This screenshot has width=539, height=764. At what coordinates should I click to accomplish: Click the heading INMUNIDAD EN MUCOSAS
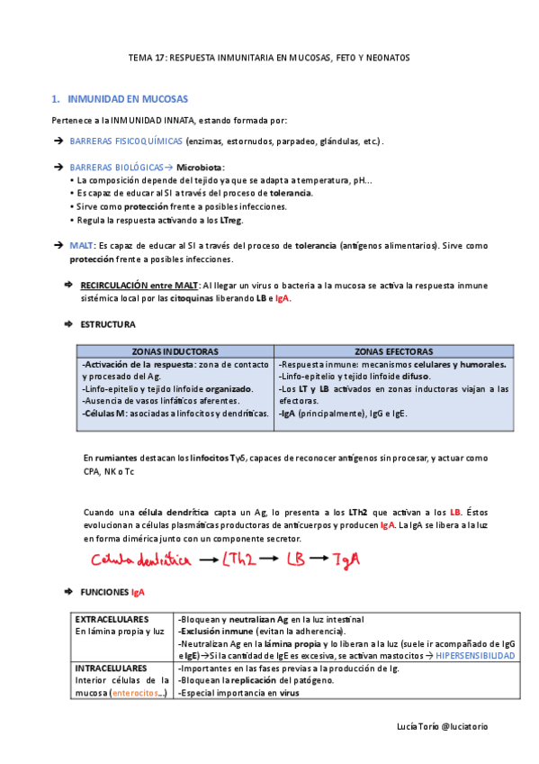tap(128, 98)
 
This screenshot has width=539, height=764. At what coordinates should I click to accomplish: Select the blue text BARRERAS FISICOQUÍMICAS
tap(126, 141)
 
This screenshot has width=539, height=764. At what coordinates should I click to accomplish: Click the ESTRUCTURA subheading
tap(108, 324)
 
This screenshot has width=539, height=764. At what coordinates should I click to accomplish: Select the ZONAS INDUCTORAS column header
tap(175, 351)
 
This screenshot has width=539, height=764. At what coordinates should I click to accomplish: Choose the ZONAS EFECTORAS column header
tap(393, 351)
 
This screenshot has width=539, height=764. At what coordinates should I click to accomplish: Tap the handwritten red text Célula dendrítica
tap(141, 560)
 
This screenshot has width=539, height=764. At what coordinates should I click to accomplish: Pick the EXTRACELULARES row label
tap(112, 619)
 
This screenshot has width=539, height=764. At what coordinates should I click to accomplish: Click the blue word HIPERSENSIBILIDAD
tap(475, 657)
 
